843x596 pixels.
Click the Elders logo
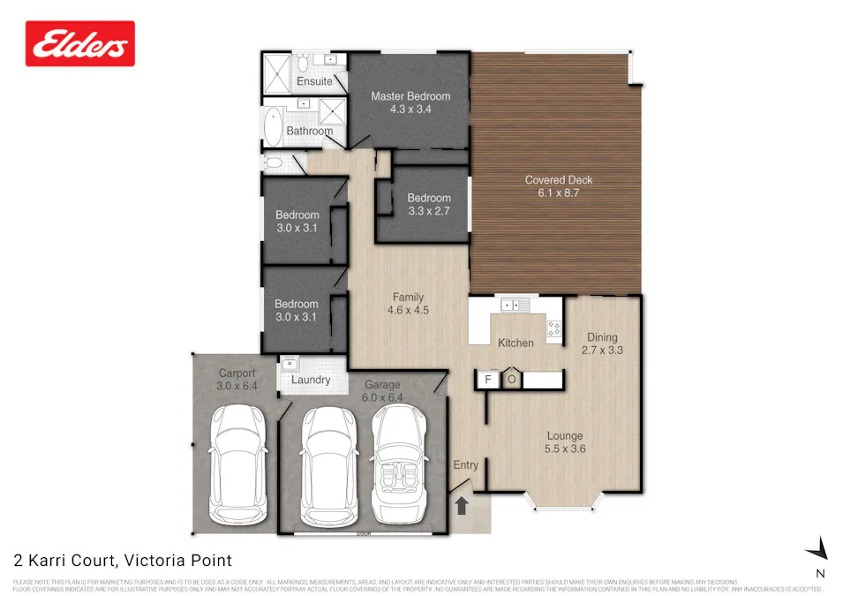[80, 44]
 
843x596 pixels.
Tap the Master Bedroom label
[410, 96]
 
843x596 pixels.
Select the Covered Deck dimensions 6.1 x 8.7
[559, 192]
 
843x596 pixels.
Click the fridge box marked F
[485, 380]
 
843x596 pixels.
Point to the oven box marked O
[512, 380]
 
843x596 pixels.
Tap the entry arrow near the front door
[460, 506]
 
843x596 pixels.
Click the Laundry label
[311, 381]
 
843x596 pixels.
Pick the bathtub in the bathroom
[272, 126]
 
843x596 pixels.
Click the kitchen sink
[514, 306]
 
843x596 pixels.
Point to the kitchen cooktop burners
[554, 329]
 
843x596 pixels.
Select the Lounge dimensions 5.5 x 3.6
[565, 449]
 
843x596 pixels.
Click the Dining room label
[602, 337]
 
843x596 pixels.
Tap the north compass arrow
[818, 549]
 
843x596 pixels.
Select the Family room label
[408, 298]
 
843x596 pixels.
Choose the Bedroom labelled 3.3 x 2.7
[429, 211]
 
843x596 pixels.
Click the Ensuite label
[314, 81]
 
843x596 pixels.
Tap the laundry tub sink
[290, 362]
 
